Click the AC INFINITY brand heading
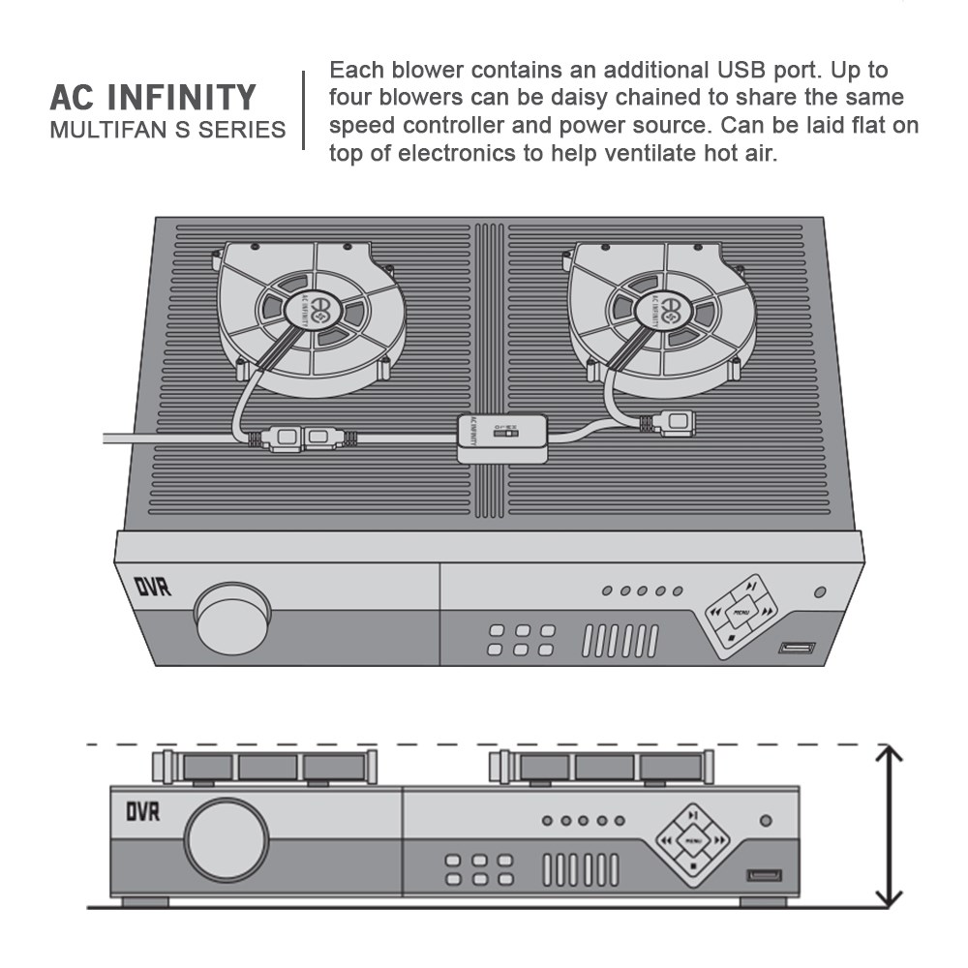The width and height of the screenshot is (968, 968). [x=153, y=98]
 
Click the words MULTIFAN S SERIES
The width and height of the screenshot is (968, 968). [x=167, y=129]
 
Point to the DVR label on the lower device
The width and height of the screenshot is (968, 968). [x=143, y=810]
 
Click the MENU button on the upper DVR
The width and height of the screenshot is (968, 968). [x=741, y=612]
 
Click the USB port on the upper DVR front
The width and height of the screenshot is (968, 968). [x=797, y=648]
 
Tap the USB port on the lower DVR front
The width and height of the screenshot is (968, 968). [x=764, y=876]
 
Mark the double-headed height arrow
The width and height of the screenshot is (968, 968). [x=889, y=826]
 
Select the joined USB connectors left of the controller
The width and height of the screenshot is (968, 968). [x=300, y=439]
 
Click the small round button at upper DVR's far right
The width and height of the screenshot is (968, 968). [x=820, y=591]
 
